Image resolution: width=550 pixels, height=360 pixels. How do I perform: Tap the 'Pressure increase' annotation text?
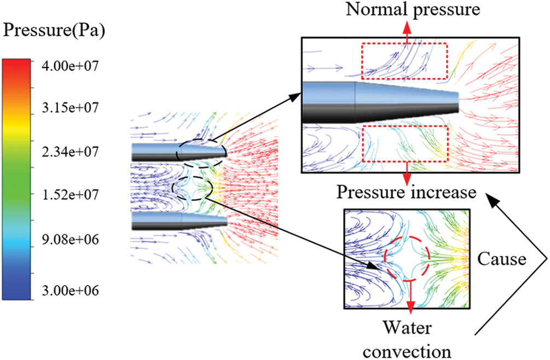tap(407, 193)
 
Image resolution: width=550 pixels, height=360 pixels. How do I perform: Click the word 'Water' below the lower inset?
tap(407, 328)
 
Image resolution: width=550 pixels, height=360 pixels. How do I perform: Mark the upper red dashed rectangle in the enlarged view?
tap(404, 61)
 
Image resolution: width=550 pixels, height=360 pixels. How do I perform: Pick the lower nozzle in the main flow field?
tap(178, 220)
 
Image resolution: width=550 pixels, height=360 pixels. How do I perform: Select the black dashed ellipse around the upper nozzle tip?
tap(200, 152)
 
